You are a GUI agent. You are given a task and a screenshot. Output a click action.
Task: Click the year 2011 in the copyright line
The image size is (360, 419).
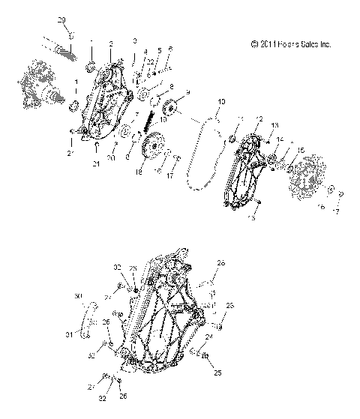(271, 45)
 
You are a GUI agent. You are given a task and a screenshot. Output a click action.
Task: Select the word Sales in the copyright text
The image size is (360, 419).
(309, 45)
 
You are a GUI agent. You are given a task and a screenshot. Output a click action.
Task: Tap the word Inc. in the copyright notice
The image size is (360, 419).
(325, 45)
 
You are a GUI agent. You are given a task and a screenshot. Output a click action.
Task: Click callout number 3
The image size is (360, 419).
(134, 40)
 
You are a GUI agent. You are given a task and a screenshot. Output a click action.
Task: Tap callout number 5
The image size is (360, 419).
(159, 51)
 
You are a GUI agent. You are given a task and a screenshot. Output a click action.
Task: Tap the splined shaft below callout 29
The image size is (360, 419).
(65, 49)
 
